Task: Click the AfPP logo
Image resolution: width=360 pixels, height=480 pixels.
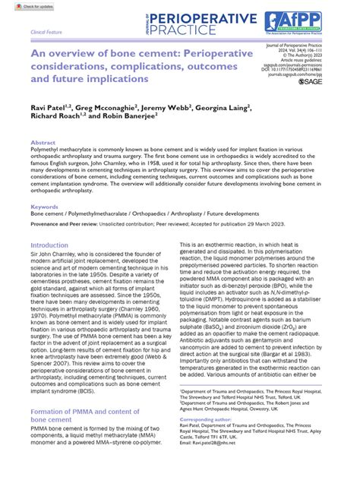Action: click(322, 24)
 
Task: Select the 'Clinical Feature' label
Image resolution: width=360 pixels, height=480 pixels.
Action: click(45, 33)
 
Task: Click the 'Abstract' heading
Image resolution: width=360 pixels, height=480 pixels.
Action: click(43, 142)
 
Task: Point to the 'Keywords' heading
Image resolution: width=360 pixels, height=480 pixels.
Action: click(44, 206)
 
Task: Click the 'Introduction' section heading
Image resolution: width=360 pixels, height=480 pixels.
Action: click(49, 245)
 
